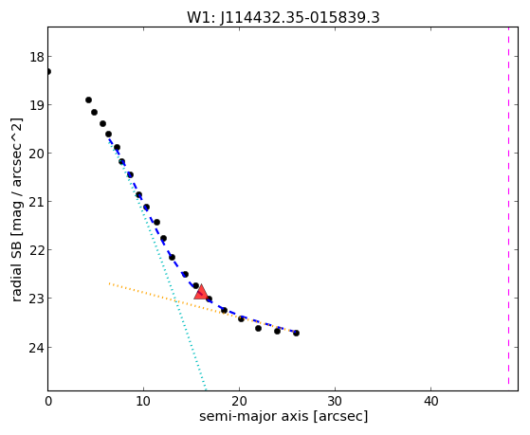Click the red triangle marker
(x=201, y=293)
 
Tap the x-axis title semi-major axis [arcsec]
(x=283, y=416)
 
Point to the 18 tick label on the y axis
(x=37, y=57)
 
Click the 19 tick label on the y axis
(x=37, y=105)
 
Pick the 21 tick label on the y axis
(x=37, y=202)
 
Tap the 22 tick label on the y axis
(x=37, y=250)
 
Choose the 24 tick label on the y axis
(x=37, y=348)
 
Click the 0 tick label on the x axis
(x=48, y=402)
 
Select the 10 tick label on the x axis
(x=143, y=402)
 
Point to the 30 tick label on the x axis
(x=335, y=402)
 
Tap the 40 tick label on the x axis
(x=430, y=402)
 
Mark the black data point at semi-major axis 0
(x=48, y=72)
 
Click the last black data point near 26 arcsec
(x=296, y=333)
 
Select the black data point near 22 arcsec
(x=258, y=328)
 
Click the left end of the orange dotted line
(x=109, y=283)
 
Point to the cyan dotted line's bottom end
(x=205, y=389)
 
